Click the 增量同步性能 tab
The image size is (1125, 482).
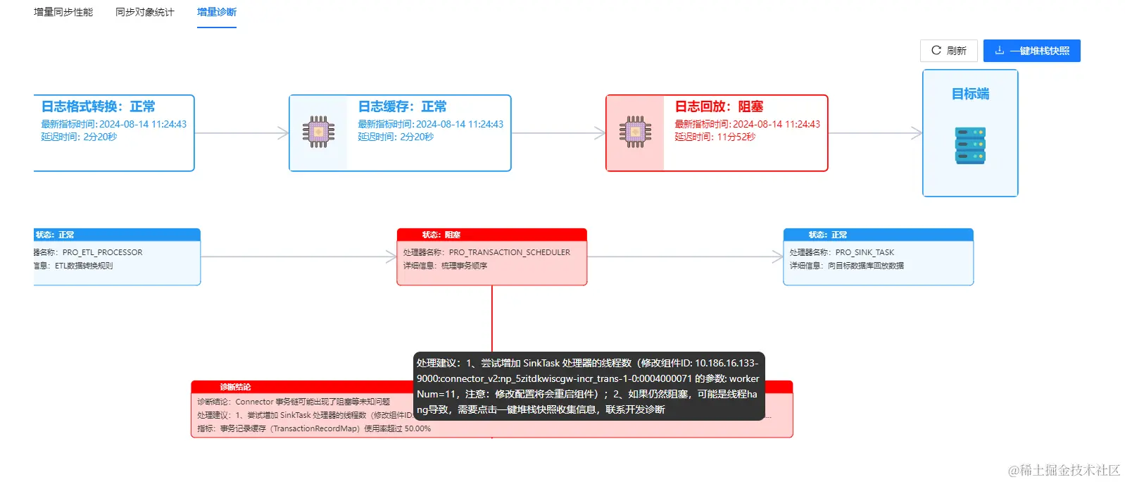coord(63,12)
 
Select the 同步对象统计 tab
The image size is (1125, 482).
coord(144,12)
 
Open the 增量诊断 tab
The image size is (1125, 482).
coord(217,12)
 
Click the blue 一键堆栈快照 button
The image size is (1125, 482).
coord(1031,51)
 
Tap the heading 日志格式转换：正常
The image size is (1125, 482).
coord(98,106)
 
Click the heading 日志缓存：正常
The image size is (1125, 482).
coord(402,106)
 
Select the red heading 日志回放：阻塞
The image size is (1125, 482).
coord(719,106)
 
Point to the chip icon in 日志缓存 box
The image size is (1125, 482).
coord(318,132)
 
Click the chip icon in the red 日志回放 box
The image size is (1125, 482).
coord(635,132)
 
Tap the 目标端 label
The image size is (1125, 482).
coord(970,94)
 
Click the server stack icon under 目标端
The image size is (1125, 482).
coord(970,146)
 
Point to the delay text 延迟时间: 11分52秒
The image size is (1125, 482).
coord(715,137)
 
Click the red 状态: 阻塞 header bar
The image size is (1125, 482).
coord(491,235)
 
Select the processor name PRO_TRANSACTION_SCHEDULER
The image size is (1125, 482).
coord(509,252)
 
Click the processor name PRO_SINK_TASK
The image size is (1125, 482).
coord(865,252)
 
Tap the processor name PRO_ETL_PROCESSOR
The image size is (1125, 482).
coord(102,252)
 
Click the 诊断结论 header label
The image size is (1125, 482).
coord(235,387)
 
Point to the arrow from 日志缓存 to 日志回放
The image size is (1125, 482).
coord(558,133)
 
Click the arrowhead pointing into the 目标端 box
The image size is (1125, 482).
coord(917,133)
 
